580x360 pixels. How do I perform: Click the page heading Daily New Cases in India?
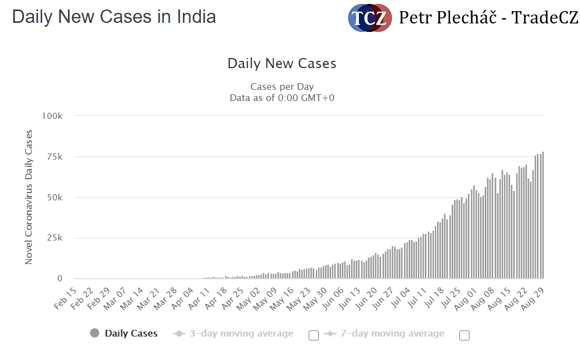(x=114, y=17)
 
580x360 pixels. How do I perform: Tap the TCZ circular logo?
(x=368, y=18)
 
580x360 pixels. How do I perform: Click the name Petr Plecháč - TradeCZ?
(x=488, y=18)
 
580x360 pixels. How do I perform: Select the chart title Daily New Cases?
(x=282, y=64)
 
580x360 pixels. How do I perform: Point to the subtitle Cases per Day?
(x=282, y=87)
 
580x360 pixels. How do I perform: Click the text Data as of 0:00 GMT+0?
(x=282, y=98)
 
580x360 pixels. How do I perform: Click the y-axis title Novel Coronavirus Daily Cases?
(x=29, y=197)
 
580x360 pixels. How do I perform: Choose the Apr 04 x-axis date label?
(x=184, y=299)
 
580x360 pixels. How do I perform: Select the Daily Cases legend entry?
(x=124, y=334)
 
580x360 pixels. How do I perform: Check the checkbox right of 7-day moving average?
(x=464, y=335)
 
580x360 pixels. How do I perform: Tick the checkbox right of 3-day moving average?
(x=314, y=335)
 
